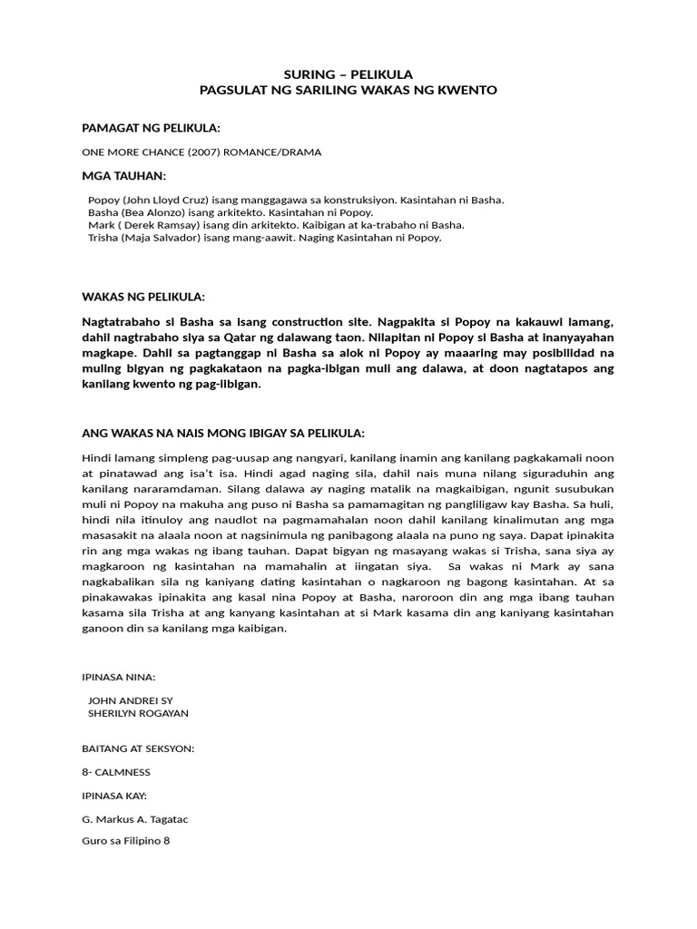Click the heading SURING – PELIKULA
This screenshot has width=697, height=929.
coord(348,74)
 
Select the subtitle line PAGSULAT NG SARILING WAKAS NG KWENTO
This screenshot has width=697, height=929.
coord(348,91)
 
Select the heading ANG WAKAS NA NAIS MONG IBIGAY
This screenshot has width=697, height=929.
coord(223,432)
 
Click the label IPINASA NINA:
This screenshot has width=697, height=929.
coord(119,677)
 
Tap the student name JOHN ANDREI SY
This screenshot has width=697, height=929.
coord(128,700)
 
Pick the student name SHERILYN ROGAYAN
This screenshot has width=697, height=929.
coord(137,713)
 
